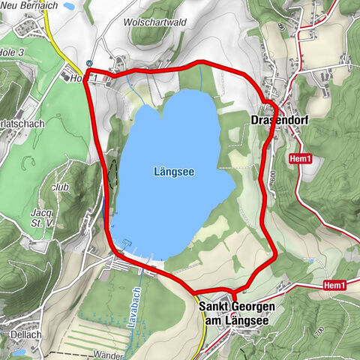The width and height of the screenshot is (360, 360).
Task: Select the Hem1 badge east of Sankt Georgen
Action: coord(334,286)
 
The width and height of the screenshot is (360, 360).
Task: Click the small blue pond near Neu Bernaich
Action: coord(69,6)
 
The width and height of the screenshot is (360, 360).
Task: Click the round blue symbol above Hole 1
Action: coord(90,64)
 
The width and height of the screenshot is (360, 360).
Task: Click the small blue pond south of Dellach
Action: coord(19,349)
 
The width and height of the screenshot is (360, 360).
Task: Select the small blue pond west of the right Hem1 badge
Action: coord(310,261)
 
